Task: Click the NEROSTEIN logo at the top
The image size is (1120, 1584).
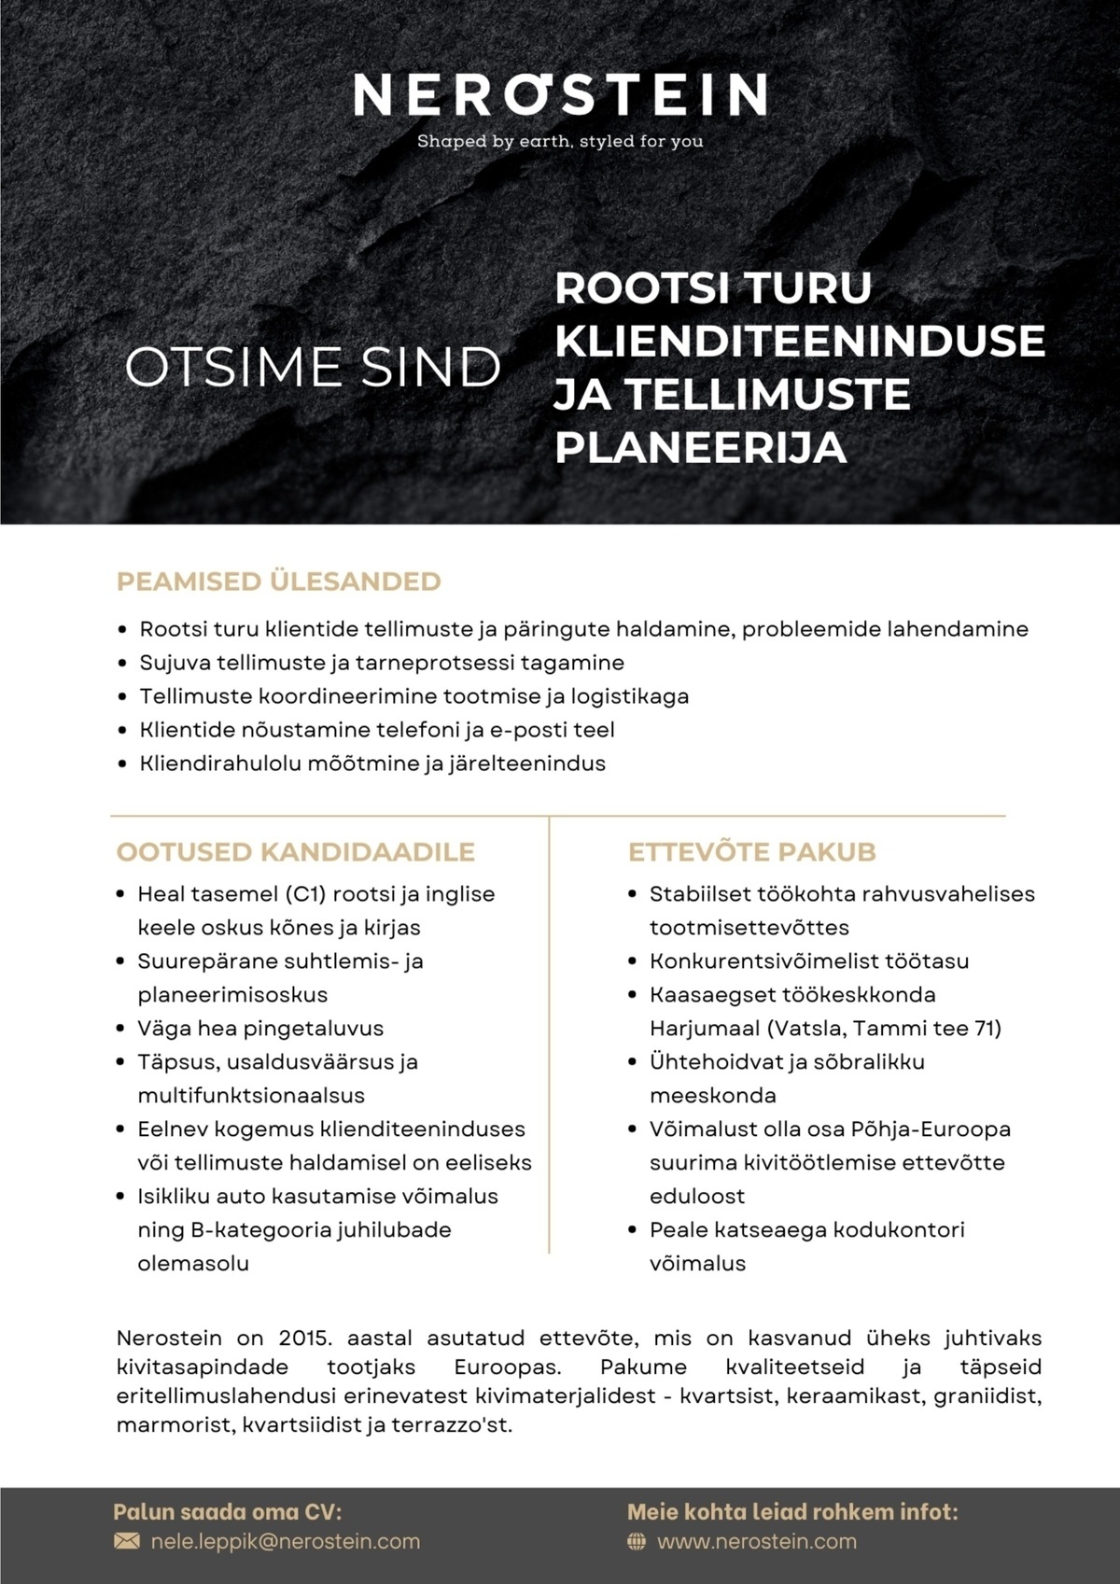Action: coord(560,94)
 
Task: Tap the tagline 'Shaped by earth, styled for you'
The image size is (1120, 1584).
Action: coord(560,142)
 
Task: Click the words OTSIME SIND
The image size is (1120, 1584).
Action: coord(313,368)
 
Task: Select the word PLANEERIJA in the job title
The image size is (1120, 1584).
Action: coord(701,447)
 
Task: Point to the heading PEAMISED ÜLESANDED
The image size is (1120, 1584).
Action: coord(278,582)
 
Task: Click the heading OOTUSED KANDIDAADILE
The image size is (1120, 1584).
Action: coord(295,851)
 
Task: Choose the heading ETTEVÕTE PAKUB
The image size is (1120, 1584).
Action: coord(751,851)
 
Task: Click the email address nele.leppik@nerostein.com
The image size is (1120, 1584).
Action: coord(286,1541)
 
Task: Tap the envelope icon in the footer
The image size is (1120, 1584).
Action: coord(126,1541)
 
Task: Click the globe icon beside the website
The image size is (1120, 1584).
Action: coord(637,1541)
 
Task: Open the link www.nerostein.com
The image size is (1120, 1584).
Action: coord(757,1541)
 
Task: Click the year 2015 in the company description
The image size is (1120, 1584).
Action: coord(304,1338)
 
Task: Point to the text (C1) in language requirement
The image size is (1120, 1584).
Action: coord(304,894)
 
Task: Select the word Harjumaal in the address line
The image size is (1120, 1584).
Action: coord(704,1029)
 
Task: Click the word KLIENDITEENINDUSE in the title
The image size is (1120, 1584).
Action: coord(800,341)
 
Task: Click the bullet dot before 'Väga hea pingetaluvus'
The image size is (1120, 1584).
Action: coord(120,1029)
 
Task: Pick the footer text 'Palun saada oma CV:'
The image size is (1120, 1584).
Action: coord(227,1512)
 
